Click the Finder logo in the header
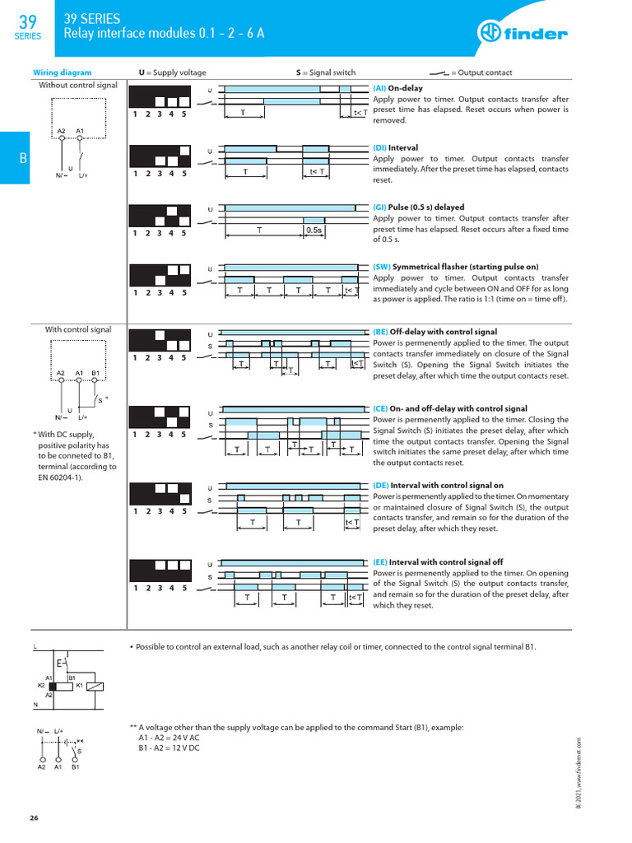coord(523,34)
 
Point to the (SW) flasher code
coord(382,268)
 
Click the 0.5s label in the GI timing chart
coord(314,231)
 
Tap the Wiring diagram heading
coord(62,72)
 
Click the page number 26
coord(34,817)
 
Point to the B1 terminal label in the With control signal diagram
coord(95,373)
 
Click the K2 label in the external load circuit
coord(41,685)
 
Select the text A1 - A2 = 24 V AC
coord(169,738)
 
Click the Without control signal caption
coord(78,85)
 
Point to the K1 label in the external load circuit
coord(79,685)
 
